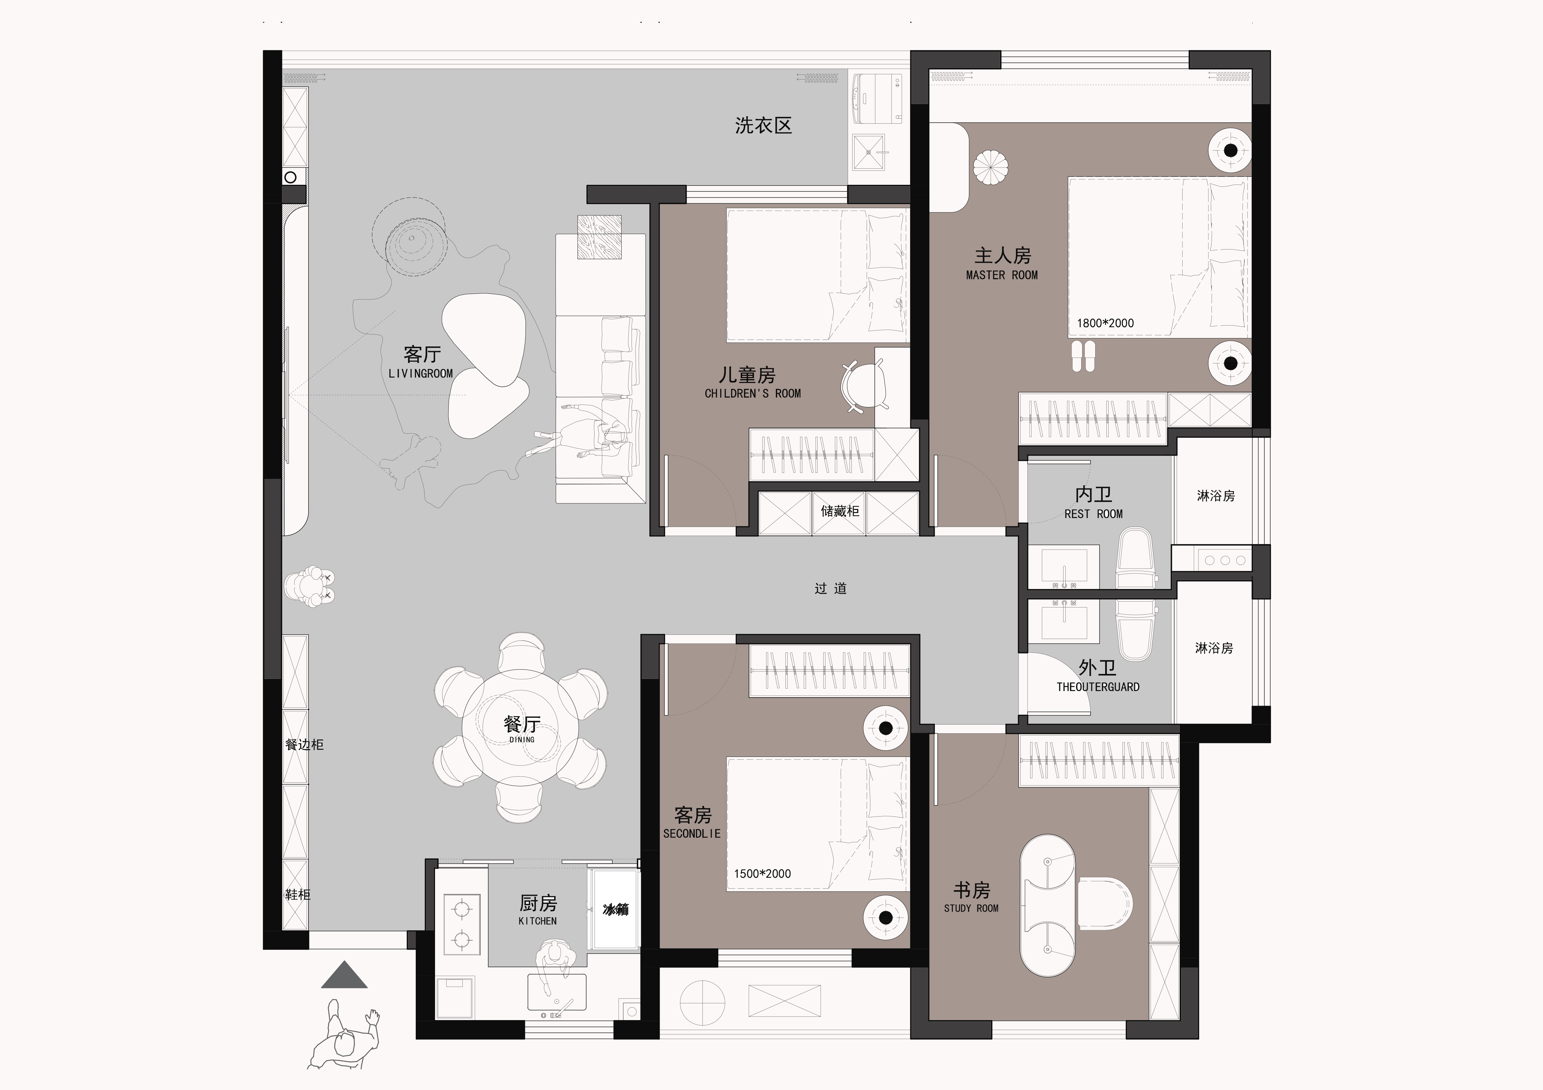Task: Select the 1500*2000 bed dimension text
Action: [762, 874]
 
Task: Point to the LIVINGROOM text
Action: [421, 373]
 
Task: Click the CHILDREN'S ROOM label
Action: [753, 394]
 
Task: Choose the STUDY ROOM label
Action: [971, 908]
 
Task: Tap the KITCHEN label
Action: [538, 921]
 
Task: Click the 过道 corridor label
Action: [831, 588]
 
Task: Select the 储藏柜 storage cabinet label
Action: [839, 511]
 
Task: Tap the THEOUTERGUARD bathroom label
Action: [1097, 687]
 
